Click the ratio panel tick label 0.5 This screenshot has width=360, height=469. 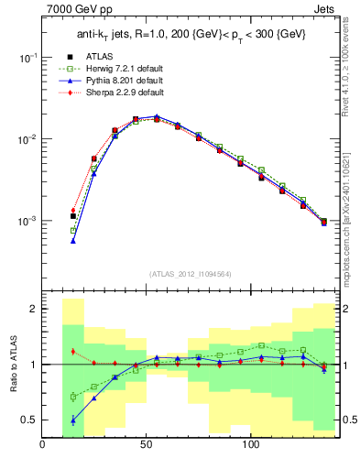coord(27,420)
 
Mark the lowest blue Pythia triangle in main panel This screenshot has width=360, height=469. coord(72,240)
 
